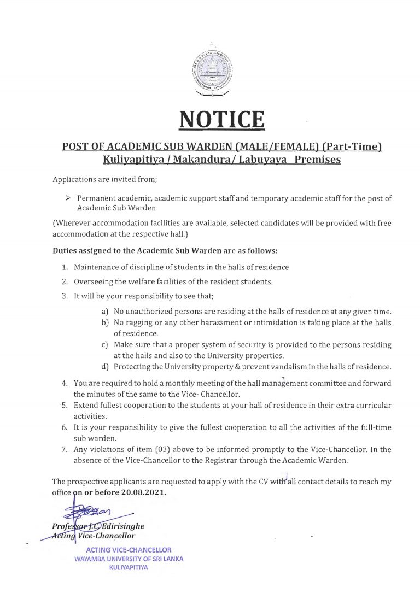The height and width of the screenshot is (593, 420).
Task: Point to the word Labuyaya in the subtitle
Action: click(x=259, y=160)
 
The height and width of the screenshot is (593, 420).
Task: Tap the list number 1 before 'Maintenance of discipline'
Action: click(x=64, y=267)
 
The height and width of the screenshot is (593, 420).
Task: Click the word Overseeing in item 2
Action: click(x=96, y=282)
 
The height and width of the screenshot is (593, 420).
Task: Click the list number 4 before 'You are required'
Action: click(x=64, y=384)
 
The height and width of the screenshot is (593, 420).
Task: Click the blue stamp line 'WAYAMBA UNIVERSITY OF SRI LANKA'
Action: click(x=129, y=559)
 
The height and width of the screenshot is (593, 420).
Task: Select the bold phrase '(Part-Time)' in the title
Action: click(x=351, y=147)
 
